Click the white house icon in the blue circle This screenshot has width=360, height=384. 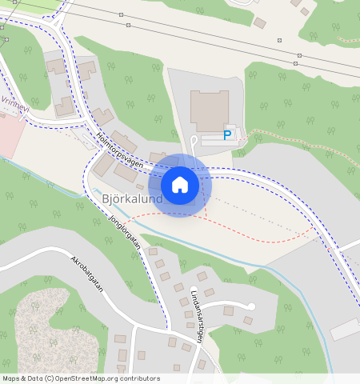click(180, 186)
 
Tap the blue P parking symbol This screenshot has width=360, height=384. click(227, 135)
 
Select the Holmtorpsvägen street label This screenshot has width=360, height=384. click(119, 150)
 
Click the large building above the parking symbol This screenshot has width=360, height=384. click(209, 110)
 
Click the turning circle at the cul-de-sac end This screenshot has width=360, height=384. click(250, 306)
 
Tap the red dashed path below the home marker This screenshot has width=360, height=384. click(240, 240)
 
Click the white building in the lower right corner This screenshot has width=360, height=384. click(346, 328)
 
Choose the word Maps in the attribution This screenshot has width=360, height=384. click(10, 378)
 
